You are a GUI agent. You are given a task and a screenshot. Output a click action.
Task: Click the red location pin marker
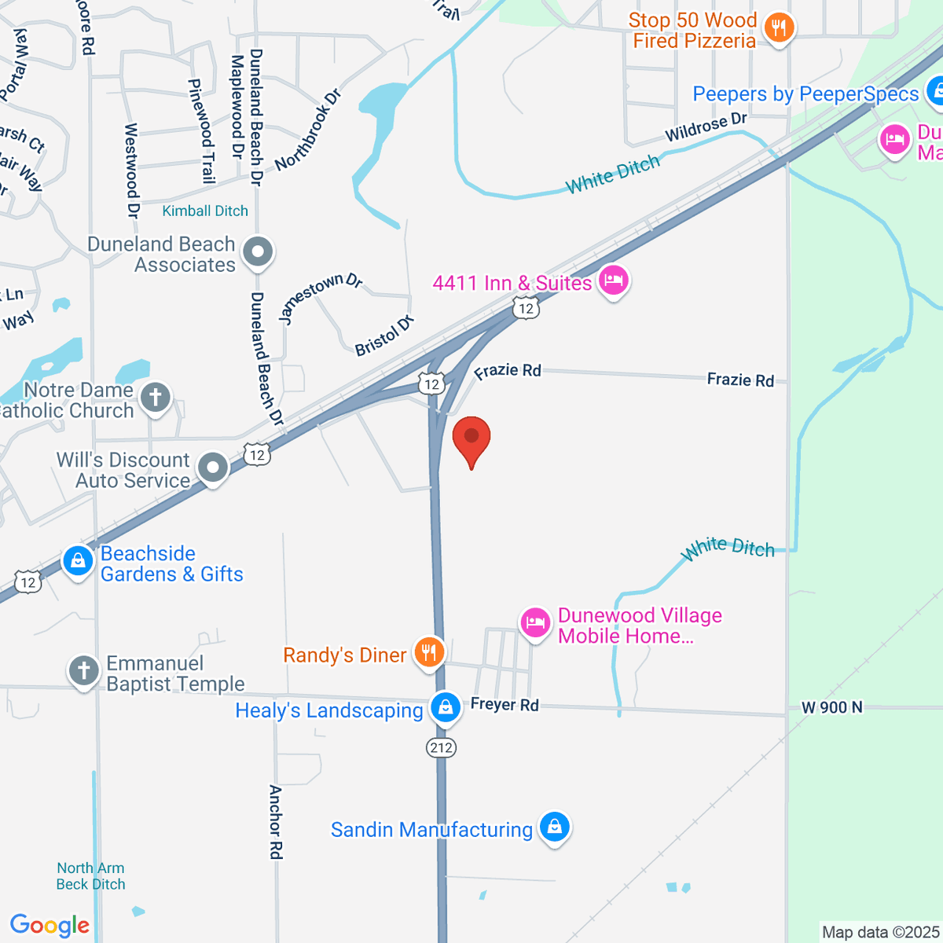pos(472,438)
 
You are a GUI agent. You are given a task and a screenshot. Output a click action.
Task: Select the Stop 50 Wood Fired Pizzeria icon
pos(779,30)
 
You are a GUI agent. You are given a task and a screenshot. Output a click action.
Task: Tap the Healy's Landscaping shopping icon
pos(446,707)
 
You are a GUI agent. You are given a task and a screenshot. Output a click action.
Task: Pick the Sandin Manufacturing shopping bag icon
pos(555,827)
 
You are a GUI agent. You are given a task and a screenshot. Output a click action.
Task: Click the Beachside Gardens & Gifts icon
pos(78,562)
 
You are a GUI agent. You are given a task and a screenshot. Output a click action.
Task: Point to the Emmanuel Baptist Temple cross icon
pos(84,672)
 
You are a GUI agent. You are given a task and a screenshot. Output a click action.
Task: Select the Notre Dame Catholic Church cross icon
pos(156,397)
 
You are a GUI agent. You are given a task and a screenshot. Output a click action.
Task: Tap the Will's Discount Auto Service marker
pos(212,468)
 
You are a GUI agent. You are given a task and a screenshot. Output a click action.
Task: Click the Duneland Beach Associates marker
pos(258,253)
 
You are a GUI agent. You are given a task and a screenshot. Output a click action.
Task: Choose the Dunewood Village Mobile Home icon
pos(534,624)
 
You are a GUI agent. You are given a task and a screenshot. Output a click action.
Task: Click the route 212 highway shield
pos(442,747)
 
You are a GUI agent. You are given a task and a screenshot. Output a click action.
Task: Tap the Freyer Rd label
pos(505,705)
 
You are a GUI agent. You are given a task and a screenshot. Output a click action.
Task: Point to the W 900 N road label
pos(831,707)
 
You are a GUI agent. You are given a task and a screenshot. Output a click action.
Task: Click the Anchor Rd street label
pos(276,821)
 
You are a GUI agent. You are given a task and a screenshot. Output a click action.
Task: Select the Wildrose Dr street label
pos(706,127)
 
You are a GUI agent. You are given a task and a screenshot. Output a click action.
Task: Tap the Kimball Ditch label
pos(205,211)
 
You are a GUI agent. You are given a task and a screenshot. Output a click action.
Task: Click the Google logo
pos(50,925)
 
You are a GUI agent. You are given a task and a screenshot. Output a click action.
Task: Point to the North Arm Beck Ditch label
pos(90,876)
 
